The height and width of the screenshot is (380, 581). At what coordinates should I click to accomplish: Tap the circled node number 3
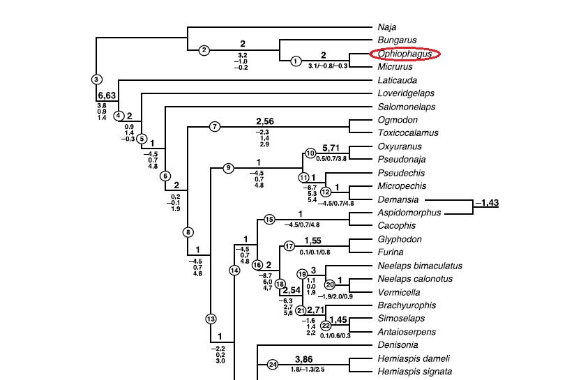(97, 79)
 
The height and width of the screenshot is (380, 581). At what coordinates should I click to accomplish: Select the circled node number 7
(215, 126)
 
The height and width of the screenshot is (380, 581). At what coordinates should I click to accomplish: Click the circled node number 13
(211, 319)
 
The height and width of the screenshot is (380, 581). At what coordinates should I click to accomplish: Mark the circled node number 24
(273, 364)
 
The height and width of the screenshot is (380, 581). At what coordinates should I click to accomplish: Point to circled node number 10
(311, 153)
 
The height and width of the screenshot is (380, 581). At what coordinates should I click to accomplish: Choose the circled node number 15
(269, 220)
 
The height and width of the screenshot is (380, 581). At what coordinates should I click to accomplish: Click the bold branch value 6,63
(107, 96)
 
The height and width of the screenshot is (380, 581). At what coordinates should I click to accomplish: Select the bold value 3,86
(305, 359)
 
